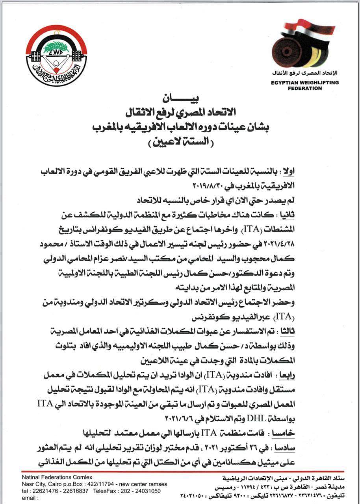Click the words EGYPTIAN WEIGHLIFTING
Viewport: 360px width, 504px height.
(x=305, y=83)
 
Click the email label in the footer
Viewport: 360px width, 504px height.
(x=30, y=497)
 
